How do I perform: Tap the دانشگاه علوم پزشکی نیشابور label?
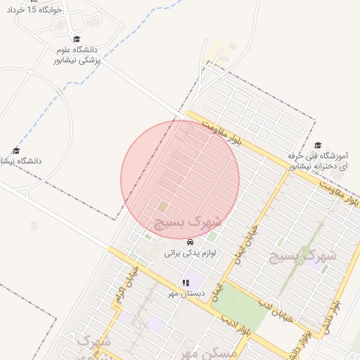pyautogui.click(x=77, y=56)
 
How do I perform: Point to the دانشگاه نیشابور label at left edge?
pyautogui.click(x=21, y=161)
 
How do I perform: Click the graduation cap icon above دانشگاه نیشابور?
pyautogui.click(x=16, y=150)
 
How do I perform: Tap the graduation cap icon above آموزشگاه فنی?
pyautogui.click(x=318, y=143)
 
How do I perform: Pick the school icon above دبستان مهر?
pyautogui.click(x=186, y=283)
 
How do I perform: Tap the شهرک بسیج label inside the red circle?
pyautogui.click(x=187, y=222)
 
